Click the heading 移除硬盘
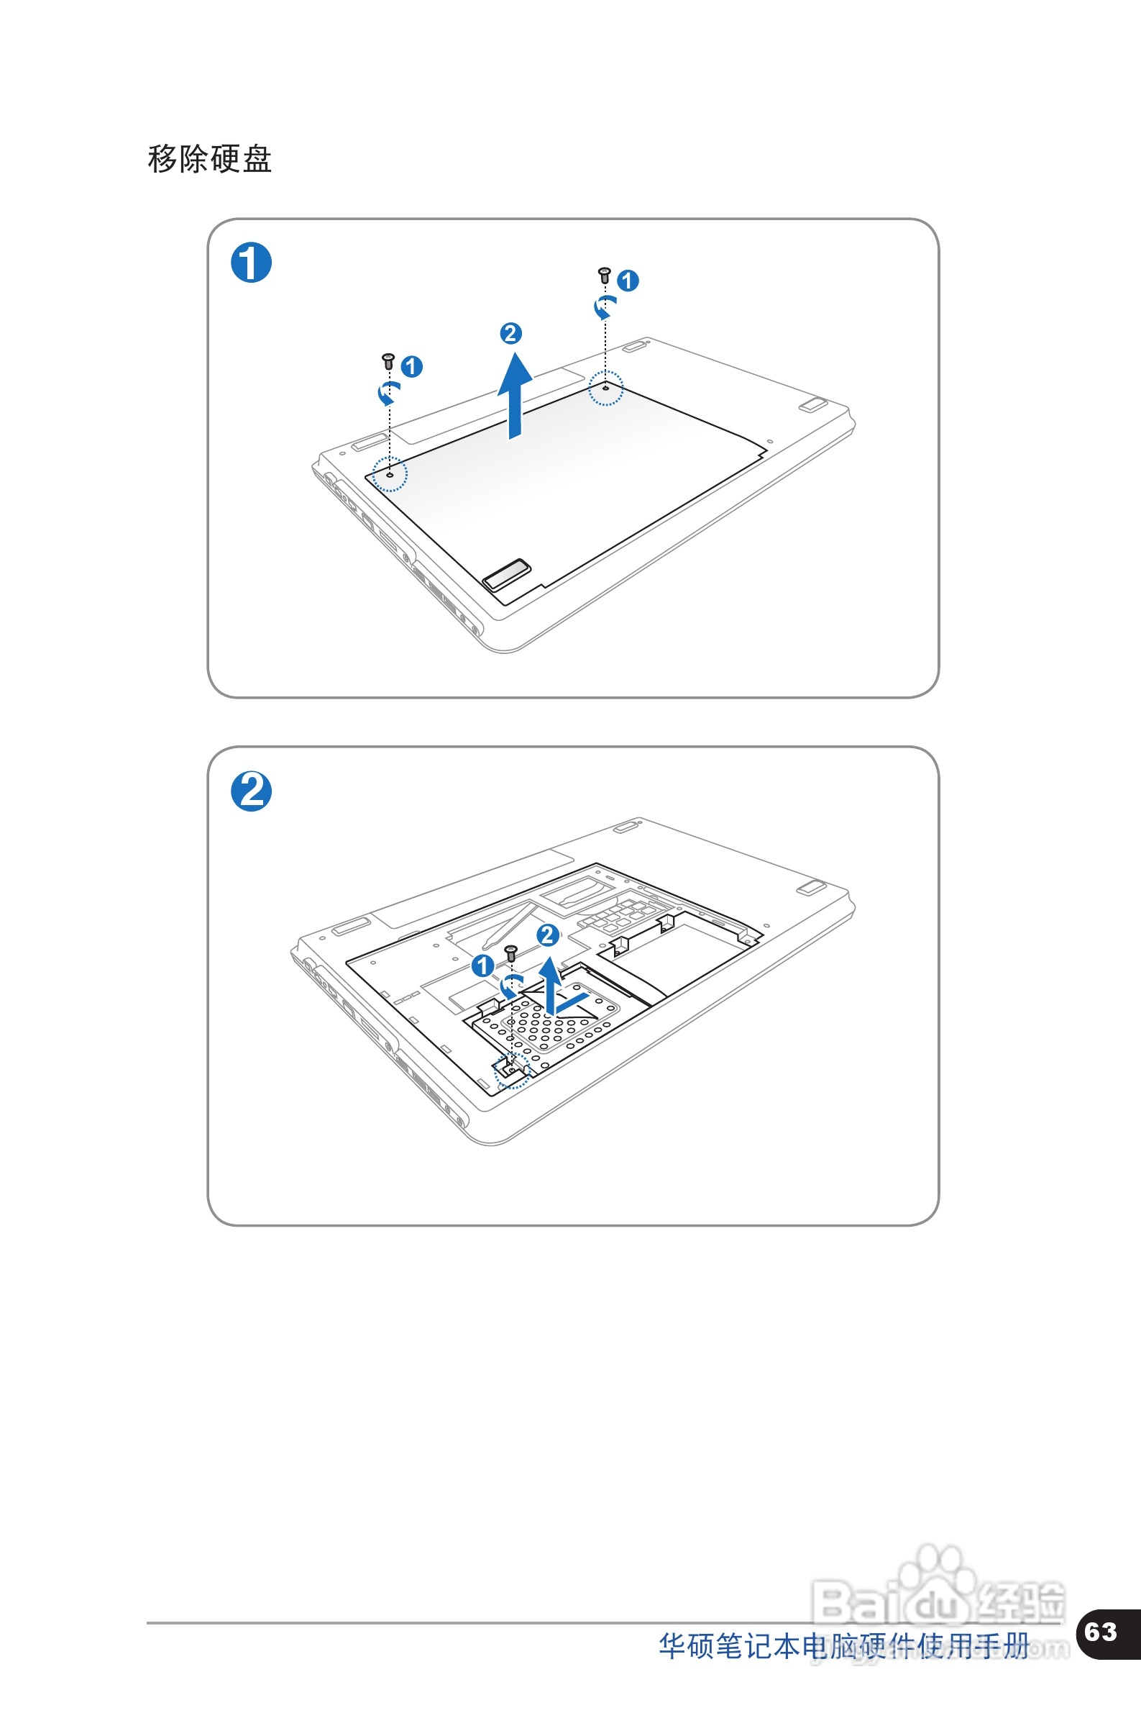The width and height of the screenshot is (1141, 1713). [x=209, y=159]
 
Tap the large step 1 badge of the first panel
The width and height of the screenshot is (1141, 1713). [x=251, y=263]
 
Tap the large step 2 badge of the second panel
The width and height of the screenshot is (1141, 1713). [x=251, y=791]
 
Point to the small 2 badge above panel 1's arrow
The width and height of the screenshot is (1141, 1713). [x=511, y=333]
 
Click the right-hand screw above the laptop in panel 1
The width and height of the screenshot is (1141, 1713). [x=604, y=275]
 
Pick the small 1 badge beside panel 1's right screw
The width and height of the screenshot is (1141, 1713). [x=628, y=281]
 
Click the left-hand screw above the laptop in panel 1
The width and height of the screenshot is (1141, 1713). [x=388, y=361]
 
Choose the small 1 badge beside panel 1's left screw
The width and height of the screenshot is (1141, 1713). [x=412, y=366]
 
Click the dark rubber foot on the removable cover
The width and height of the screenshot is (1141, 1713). [x=506, y=573]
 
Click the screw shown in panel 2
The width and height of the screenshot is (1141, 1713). [x=511, y=953]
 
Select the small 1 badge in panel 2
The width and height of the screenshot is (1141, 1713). [x=482, y=966]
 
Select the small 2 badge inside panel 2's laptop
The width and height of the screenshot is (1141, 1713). [x=548, y=935]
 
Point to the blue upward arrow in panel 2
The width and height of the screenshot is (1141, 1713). [x=551, y=986]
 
